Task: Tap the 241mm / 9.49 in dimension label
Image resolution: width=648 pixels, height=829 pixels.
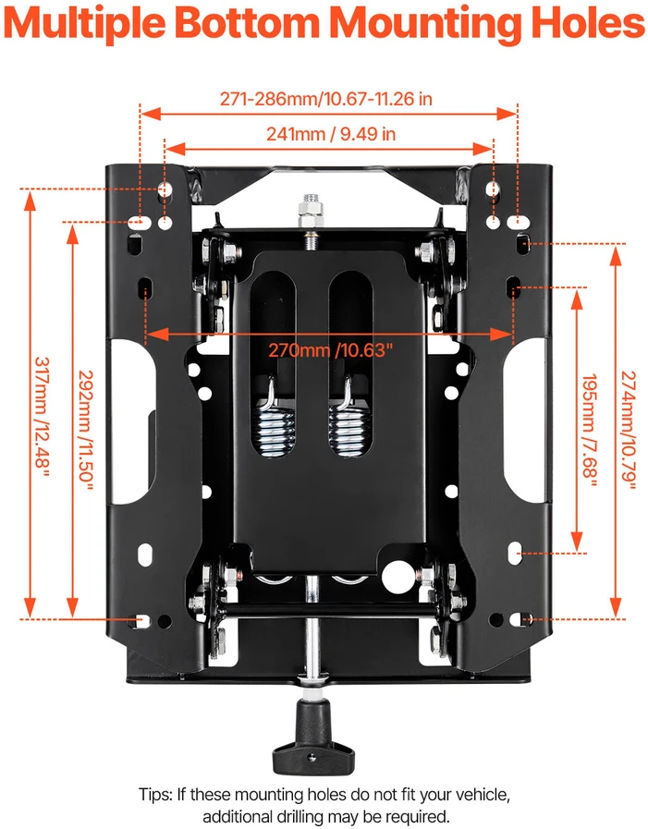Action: point(331,134)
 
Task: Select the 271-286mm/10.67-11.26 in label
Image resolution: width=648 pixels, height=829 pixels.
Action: point(326,99)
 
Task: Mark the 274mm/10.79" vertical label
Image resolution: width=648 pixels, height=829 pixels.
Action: point(628,431)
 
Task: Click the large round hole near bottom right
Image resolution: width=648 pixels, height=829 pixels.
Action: point(398,577)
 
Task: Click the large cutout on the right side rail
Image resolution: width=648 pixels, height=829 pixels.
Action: point(525,421)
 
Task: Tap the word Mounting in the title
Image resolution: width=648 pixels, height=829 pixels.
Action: point(426,24)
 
